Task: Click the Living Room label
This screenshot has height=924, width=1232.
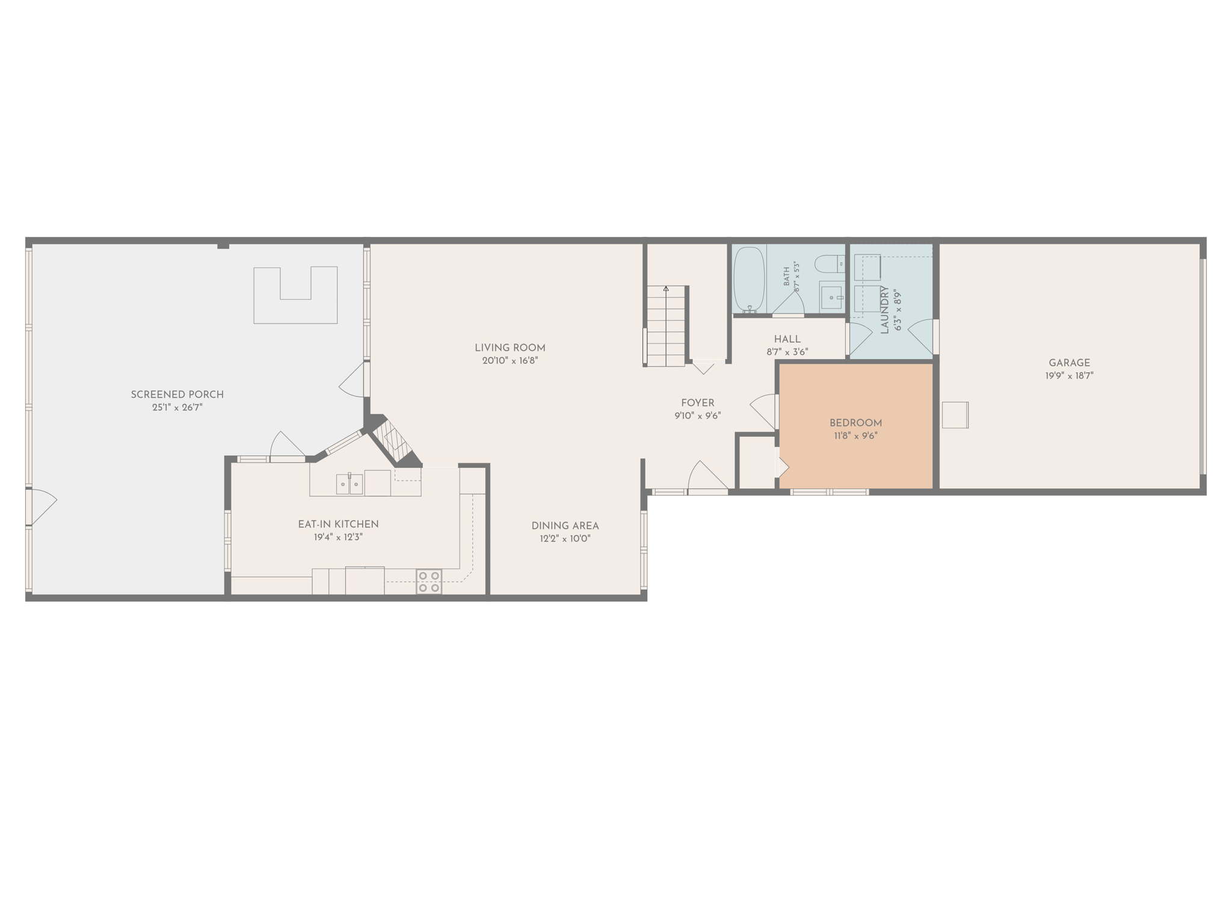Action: tap(510, 348)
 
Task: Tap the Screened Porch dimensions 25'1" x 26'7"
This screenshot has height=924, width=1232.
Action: tap(177, 407)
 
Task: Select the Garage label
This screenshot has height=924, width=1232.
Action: tap(1069, 363)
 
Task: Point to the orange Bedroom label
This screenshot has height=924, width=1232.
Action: tap(855, 423)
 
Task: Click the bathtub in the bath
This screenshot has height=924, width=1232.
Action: tap(749, 280)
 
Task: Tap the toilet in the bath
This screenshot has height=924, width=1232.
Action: tap(830, 263)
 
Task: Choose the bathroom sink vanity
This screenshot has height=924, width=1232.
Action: tap(832, 298)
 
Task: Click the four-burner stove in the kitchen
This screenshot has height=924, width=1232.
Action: tap(429, 582)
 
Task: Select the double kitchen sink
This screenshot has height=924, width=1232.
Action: tap(350, 484)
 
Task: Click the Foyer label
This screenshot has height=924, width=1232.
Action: tap(698, 403)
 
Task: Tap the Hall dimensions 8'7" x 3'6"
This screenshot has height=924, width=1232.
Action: tap(787, 352)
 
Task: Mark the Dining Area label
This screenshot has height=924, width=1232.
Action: tap(565, 526)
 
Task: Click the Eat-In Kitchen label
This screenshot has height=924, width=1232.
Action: tap(338, 524)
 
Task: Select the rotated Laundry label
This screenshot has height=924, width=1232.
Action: tap(884, 310)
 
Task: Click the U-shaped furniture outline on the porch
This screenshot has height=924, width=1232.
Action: tap(295, 295)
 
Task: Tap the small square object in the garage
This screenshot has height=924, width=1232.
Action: tap(955, 415)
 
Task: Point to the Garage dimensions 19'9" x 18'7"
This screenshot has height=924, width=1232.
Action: tap(1069, 375)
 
